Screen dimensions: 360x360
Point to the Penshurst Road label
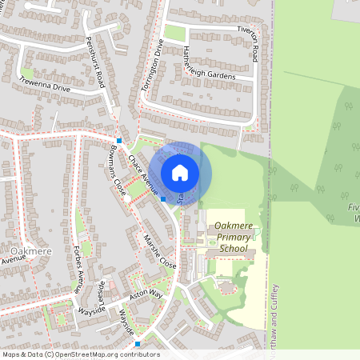95,62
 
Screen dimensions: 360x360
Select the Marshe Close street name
159,249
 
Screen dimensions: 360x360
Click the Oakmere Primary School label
233,238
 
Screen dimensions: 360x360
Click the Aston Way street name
146,295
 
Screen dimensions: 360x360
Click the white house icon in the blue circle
180,172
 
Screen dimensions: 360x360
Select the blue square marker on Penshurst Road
118,141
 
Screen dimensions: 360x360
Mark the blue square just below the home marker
163,198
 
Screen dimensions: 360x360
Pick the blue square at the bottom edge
138,344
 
